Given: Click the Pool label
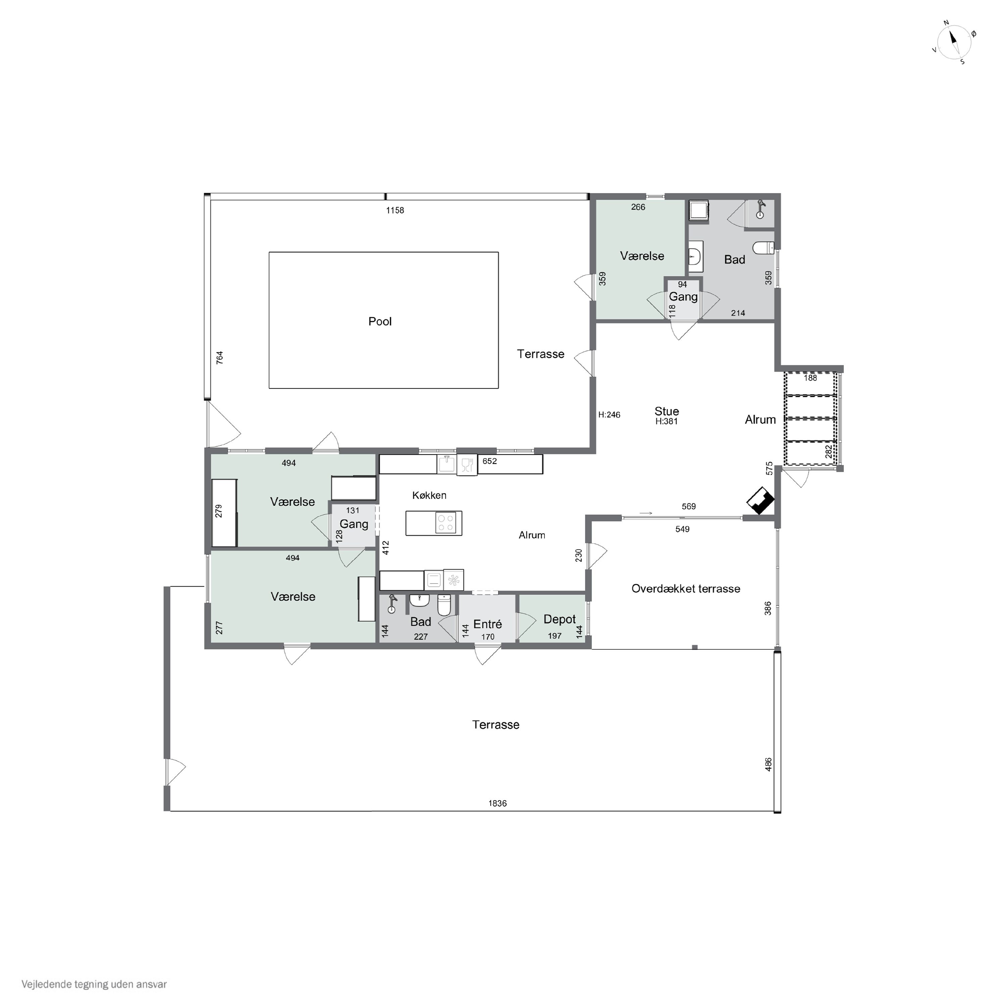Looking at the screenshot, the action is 380,322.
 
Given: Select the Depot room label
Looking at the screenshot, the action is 559,620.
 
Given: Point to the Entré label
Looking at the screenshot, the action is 487,624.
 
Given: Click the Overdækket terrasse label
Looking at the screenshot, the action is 685,589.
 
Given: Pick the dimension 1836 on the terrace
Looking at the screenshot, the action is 497,804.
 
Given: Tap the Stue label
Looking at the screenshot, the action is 667,411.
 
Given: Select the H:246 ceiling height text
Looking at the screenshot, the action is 609,415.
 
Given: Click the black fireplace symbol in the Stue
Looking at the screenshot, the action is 761,501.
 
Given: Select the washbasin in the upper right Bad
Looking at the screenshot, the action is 695,257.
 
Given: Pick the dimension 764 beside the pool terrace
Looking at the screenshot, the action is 220,358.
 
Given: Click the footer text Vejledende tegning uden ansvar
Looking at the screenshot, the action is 94,985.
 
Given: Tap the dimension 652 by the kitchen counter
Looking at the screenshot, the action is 489,461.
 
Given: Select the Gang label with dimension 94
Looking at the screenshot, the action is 683,297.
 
